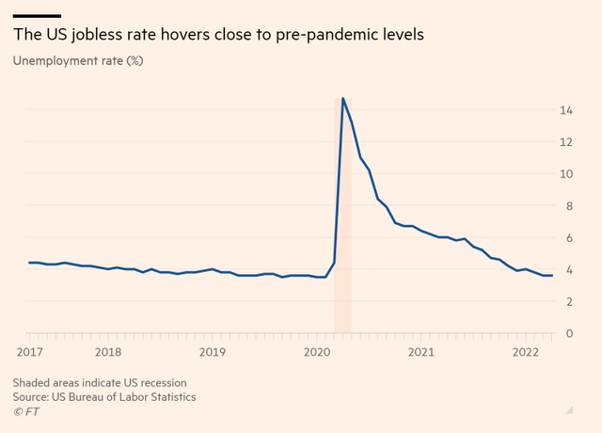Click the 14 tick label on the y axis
pyautogui.click(x=566, y=110)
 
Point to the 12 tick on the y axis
pyautogui.click(x=566, y=142)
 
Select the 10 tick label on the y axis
pyautogui.click(x=566, y=174)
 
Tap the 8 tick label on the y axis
pyautogui.click(x=569, y=206)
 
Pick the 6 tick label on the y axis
pyautogui.click(x=569, y=238)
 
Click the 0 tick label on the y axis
pyautogui.click(x=569, y=333)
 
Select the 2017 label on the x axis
pyautogui.click(x=28, y=352)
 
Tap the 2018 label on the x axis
pyautogui.click(x=108, y=352)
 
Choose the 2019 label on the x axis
pyautogui.click(x=213, y=352)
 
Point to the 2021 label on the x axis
pyautogui.click(x=420, y=352)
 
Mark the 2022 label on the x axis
pyautogui.click(x=525, y=352)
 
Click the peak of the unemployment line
pyautogui.click(x=342, y=98)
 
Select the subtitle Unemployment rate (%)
pyautogui.click(x=78, y=61)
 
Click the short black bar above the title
pyautogui.click(x=38, y=15)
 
